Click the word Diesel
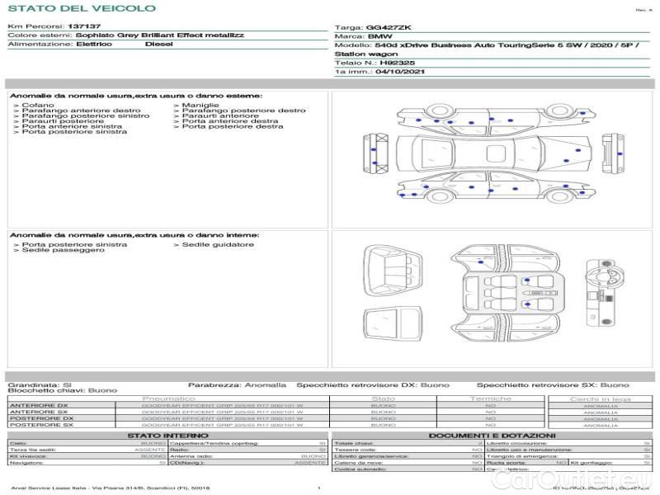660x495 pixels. coord(158,45)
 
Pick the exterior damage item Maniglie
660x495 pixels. coord(200,106)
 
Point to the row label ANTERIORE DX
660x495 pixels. coord(39,405)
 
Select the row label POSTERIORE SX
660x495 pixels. coord(40,426)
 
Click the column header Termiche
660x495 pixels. coord(490,398)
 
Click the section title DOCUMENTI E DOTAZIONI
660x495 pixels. coord(492,435)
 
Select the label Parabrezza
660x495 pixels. coord(213,385)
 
